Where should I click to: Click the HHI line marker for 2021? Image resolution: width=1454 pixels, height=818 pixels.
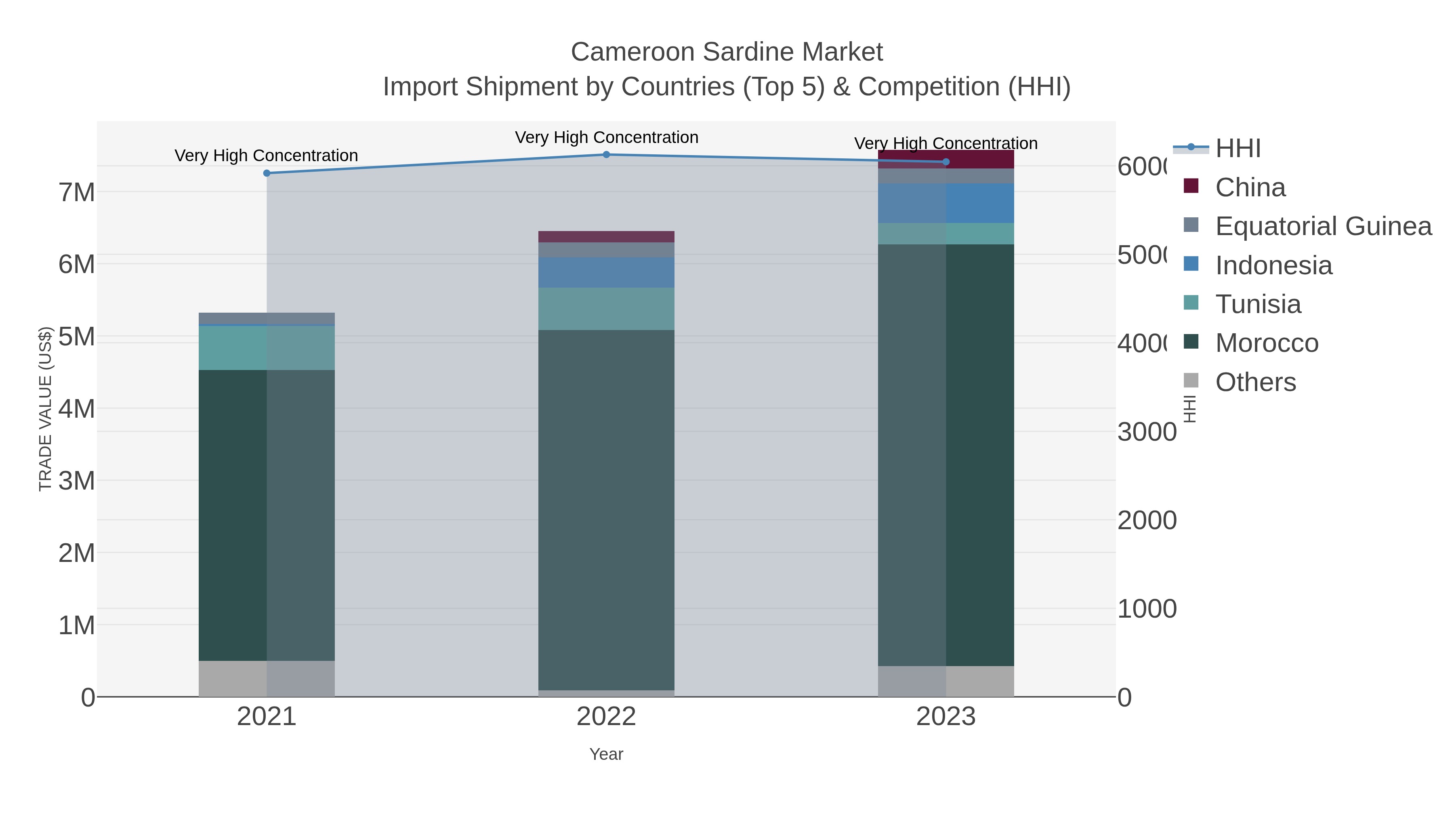(x=267, y=173)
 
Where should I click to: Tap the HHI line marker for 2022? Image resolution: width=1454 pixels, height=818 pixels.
(x=606, y=155)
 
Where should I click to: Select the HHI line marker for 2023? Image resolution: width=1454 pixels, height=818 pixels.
(x=946, y=162)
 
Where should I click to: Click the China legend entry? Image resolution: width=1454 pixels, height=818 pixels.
(x=1250, y=187)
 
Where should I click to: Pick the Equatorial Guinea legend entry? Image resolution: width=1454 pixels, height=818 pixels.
(x=1323, y=226)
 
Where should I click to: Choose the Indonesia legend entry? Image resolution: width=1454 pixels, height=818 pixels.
(x=1273, y=265)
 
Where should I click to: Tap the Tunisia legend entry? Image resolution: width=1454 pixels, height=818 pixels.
(x=1258, y=304)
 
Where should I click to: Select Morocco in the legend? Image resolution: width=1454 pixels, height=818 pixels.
(x=1267, y=343)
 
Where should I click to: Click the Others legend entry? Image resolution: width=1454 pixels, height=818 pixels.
(x=1255, y=382)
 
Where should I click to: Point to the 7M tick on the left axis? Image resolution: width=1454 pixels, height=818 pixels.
(x=77, y=193)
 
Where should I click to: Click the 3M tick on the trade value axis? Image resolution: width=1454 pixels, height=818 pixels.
(x=77, y=481)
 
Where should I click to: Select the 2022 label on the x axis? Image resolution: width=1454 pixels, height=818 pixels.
(x=606, y=716)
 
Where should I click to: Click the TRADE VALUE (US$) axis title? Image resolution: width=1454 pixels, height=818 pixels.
(x=45, y=409)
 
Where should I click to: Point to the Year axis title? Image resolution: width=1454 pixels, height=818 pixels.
(x=606, y=754)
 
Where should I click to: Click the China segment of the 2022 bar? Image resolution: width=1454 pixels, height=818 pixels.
(x=606, y=237)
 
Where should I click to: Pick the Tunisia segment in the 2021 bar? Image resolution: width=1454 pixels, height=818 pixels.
(x=267, y=348)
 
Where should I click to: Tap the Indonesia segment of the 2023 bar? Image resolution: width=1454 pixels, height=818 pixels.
(x=946, y=203)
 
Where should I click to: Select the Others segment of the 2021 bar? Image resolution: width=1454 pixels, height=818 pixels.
(x=267, y=679)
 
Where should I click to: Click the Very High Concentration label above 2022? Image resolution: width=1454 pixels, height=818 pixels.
(x=606, y=137)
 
